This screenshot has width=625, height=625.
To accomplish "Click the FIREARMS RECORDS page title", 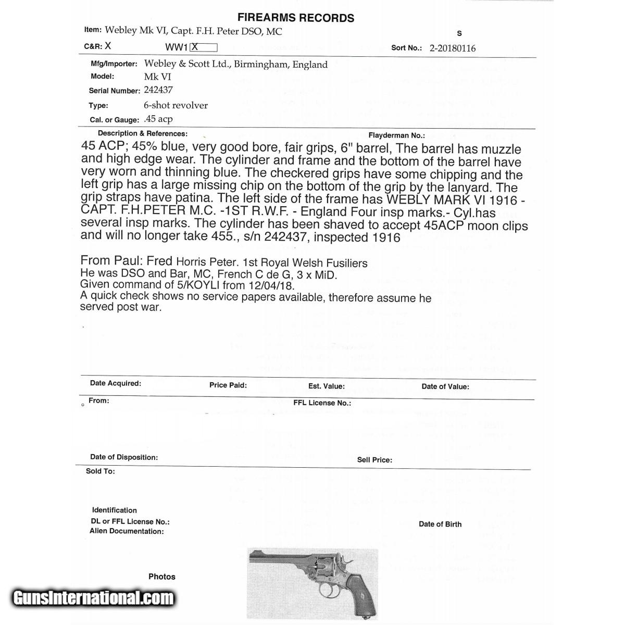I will [x=296, y=18].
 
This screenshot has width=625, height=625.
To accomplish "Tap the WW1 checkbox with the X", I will [x=203, y=47].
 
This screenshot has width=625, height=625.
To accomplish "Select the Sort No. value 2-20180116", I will [x=452, y=48].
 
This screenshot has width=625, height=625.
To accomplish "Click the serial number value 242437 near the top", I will [x=158, y=90].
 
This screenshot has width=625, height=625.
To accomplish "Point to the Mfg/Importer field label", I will [x=114, y=64].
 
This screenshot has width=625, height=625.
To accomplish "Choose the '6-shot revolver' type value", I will [x=176, y=105].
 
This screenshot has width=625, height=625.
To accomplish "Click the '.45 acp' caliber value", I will [x=158, y=119].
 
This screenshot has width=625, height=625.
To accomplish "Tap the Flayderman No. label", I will [x=396, y=135].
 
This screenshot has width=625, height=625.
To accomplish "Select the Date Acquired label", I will [x=115, y=383].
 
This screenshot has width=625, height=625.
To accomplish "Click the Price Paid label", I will [x=228, y=385].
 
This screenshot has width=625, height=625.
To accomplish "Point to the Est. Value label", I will [x=326, y=386].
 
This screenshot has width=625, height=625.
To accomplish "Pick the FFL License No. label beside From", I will [x=322, y=403].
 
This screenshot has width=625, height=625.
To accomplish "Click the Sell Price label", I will [x=374, y=460].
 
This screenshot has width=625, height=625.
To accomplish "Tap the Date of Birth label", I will [x=440, y=524].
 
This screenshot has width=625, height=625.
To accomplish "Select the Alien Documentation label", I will [x=127, y=531].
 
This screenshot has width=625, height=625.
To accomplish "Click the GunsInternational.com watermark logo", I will [x=93, y=598].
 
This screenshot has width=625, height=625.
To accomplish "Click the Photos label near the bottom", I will [x=161, y=577].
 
